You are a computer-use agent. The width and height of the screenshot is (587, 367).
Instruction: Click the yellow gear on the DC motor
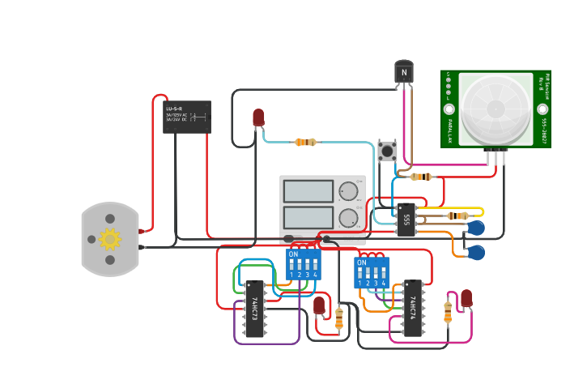110,239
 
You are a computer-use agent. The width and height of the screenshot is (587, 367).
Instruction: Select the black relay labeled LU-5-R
187,117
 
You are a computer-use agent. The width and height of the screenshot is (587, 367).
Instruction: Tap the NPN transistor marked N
404,72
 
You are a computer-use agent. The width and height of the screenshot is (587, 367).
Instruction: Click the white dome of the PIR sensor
496,107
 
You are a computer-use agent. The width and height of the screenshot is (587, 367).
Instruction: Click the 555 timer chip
406,219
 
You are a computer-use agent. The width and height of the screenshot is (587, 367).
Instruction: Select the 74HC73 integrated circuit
254,312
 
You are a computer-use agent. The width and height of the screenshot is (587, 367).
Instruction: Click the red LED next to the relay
258,118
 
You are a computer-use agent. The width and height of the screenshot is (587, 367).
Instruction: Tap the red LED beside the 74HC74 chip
466,298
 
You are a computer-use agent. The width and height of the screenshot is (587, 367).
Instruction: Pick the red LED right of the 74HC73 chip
319,305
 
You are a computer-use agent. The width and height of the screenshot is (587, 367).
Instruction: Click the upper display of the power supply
308,191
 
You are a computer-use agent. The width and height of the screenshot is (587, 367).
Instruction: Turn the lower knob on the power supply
348,217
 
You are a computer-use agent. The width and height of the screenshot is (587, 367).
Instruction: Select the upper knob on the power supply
348,191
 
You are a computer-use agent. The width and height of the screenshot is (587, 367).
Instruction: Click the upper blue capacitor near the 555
476,228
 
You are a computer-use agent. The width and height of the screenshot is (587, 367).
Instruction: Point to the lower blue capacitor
476,253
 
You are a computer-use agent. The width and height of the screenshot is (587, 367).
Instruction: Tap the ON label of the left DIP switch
293,254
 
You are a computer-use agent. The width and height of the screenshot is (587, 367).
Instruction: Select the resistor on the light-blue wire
305,142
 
